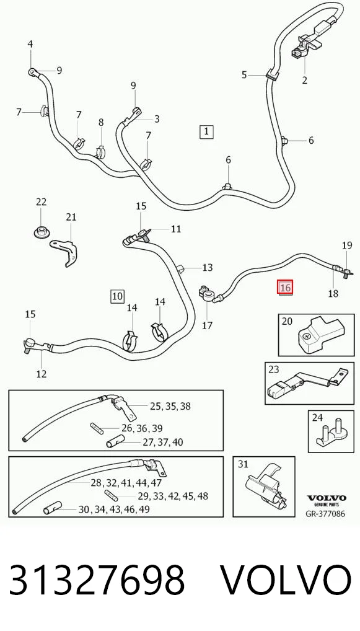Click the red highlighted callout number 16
click(285, 288)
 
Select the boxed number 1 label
click(206, 131)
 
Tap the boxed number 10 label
click(118, 296)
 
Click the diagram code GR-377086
click(326, 514)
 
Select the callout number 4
click(30, 44)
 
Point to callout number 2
click(304, 80)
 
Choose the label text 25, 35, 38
click(170, 407)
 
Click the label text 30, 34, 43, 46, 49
click(114, 510)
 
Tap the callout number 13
click(208, 268)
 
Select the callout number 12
click(42, 374)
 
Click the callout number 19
click(347, 245)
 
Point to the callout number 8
click(101, 122)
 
